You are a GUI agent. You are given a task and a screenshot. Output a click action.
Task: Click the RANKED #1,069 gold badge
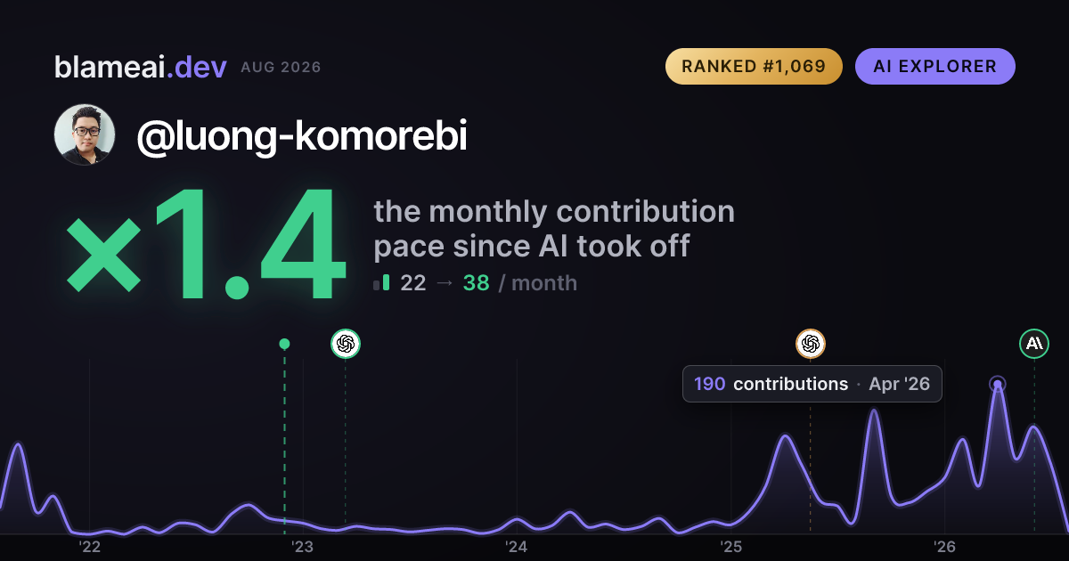[754, 66]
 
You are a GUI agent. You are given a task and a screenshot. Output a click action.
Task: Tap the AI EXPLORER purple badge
[934, 66]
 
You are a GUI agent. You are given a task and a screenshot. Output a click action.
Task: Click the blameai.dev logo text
[141, 67]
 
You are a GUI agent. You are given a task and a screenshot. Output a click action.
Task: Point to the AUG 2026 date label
[281, 68]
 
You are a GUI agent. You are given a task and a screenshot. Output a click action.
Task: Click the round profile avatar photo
[85, 134]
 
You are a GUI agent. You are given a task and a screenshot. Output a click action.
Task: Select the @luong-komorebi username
[302, 136]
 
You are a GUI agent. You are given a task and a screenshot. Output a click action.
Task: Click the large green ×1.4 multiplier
[206, 243]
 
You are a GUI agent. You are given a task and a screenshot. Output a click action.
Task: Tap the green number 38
[477, 283]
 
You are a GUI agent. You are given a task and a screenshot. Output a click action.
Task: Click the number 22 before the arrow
[412, 283]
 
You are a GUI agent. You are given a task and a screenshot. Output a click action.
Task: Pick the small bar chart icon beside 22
[381, 282]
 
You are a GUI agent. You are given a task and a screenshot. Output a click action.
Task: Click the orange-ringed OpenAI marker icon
[811, 344]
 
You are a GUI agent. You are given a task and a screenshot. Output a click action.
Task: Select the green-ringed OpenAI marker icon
[346, 344]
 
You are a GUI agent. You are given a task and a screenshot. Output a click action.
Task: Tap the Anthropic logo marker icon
[1034, 344]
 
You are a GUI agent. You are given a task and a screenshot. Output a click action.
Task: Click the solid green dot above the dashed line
[284, 344]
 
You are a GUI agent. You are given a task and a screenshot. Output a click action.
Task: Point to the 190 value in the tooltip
[710, 384]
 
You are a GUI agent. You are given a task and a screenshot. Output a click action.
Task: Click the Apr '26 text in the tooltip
[899, 384]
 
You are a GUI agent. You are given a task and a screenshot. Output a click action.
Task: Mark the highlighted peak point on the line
[998, 384]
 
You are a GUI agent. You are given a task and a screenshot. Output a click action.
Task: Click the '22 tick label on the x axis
[89, 547]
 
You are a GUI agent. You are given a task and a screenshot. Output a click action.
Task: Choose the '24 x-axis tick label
[517, 547]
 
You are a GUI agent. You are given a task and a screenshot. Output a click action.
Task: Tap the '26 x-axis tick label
[944, 547]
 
